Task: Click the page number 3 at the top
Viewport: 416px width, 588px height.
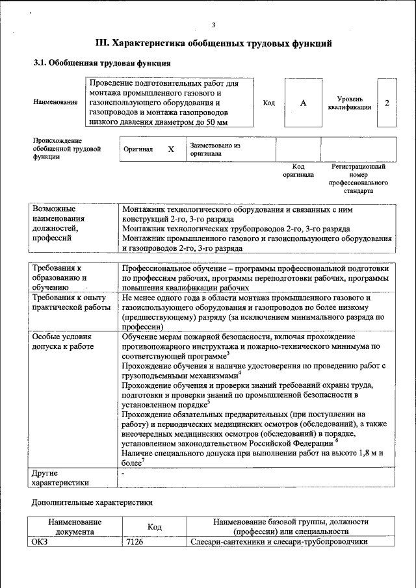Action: click(x=213, y=25)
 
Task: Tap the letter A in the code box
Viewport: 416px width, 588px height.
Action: click(x=303, y=103)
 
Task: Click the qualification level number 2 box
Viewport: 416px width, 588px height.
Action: click(x=387, y=103)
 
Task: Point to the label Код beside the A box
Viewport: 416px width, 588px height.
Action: click(x=268, y=103)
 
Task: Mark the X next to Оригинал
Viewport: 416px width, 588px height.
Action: click(x=171, y=149)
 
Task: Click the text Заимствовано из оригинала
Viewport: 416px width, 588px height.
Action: click(x=215, y=149)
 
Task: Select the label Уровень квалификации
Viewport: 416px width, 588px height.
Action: click(x=350, y=103)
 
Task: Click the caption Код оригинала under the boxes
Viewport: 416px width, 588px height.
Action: click(x=298, y=170)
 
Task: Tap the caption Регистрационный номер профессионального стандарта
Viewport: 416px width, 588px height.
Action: click(x=358, y=179)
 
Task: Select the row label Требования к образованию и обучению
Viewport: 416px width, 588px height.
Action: click(x=60, y=277)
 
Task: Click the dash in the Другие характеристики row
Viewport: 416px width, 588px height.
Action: click(x=123, y=474)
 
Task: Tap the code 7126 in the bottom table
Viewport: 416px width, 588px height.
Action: click(x=136, y=542)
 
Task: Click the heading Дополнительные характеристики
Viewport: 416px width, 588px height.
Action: click(x=93, y=502)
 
